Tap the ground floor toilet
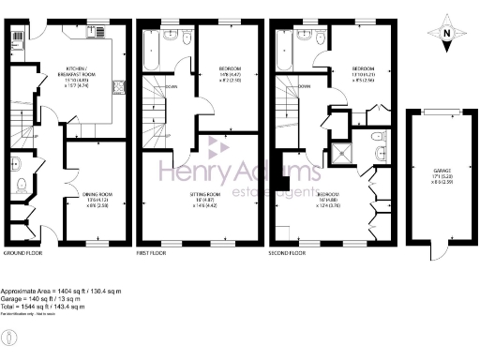point(18,167)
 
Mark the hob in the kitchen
point(119,92)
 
